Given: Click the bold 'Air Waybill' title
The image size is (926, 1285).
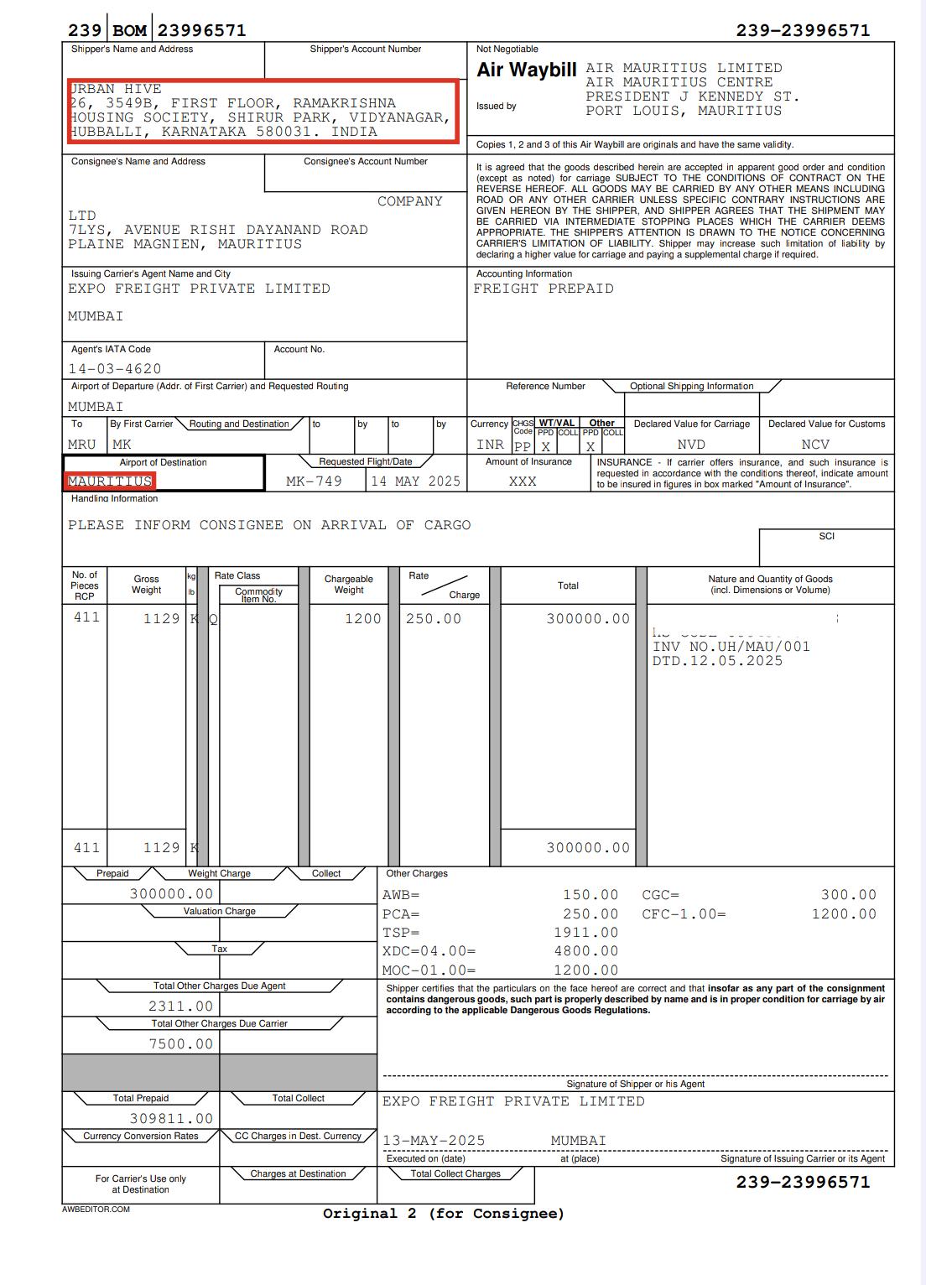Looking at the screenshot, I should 527,71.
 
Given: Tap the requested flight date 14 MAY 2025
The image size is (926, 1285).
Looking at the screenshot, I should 416,481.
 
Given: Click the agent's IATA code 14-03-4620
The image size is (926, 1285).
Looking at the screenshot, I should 115,369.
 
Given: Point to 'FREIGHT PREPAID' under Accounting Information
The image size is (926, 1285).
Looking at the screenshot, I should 544,289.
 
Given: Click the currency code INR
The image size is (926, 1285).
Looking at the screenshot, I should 490,445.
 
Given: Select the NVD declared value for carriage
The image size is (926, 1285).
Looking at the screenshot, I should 691,445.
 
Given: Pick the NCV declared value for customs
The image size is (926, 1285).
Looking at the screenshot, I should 815,445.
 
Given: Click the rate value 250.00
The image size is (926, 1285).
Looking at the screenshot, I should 434,619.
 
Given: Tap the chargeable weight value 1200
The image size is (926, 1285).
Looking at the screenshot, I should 363,619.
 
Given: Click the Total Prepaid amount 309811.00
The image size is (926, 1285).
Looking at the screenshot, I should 172,1119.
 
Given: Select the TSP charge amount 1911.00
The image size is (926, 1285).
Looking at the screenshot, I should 586,933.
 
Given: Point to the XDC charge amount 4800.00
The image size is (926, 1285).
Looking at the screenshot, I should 586,951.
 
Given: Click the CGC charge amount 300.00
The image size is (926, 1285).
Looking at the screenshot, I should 849,896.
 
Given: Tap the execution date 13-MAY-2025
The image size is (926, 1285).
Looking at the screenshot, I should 434,1141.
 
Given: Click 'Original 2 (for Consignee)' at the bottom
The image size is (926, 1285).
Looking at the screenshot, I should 444,1214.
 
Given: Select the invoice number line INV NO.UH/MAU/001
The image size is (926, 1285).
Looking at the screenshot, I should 731,647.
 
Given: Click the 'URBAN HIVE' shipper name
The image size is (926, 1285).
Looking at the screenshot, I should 116,89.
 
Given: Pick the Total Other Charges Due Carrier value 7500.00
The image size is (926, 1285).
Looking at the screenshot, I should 181,1044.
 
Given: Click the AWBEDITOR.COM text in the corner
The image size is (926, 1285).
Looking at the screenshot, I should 96,1210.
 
